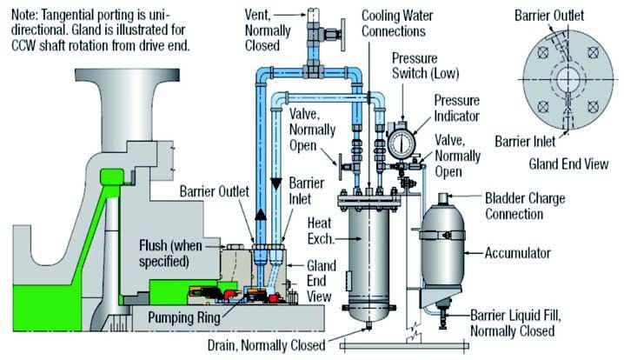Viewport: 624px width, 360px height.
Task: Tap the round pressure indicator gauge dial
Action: pos(401,141)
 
